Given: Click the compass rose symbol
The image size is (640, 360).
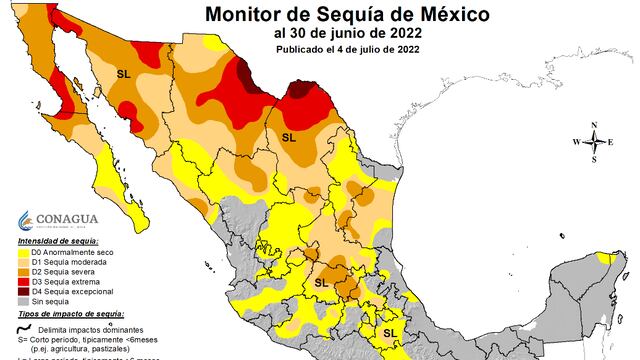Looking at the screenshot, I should [x=594, y=141].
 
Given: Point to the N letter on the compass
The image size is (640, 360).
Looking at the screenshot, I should [x=594, y=125].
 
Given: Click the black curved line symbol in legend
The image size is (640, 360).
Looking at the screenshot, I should [x=24, y=329].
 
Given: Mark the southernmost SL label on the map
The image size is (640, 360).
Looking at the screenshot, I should [x=391, y=330].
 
